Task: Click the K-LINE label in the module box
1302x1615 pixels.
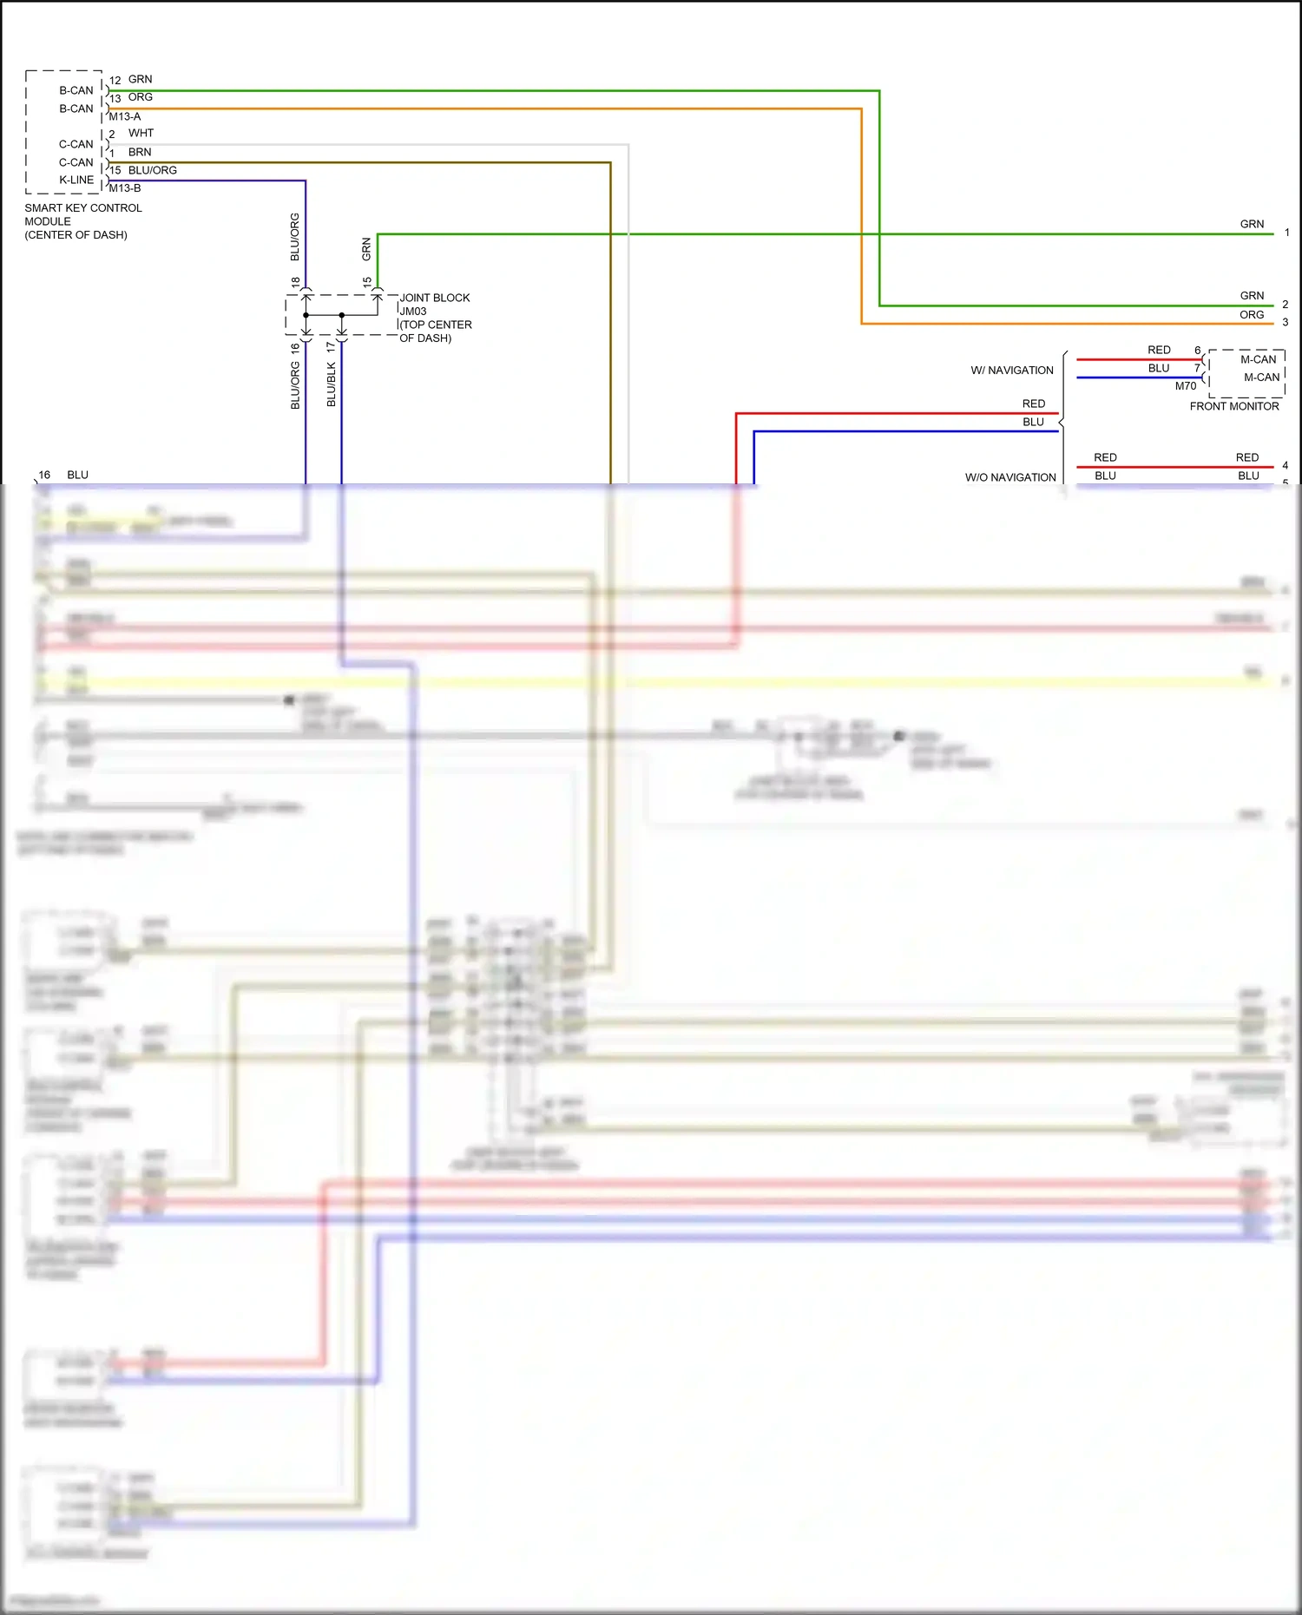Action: [x=76, y=180]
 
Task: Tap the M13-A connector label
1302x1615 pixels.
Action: [x=124, y=116]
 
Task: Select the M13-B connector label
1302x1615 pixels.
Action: [x=124, y=188]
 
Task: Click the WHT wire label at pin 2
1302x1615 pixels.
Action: [x=141, y=133]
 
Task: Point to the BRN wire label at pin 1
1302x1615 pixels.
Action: [x=140, y=152]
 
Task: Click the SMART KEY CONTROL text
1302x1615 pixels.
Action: [x=83, y=208]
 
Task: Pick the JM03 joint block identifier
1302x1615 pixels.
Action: [x=413, y=312]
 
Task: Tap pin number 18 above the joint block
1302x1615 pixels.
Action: [x=296, y=283]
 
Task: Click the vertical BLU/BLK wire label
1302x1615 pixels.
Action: [x=331, y=384]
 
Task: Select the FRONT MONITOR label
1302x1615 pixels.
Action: [x=1233, y=406]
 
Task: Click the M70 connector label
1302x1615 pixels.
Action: [x=1185, y=386]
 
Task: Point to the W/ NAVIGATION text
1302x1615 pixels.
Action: [x=1011, y=371]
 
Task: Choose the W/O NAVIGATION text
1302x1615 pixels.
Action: [x=1010, y=477]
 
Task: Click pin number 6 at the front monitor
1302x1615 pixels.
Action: [x=1197, y=351]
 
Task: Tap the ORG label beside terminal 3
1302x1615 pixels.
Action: [x=1251, y=315]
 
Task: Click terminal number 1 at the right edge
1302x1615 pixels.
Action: [x=1286, y=233]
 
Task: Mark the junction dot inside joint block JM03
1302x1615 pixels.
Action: [x=341, y=315]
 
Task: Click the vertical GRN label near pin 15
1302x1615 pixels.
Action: [x=366, y=249]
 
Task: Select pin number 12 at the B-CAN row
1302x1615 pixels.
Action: [x=115, y=81]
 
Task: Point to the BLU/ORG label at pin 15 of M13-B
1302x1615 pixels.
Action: [x=152, y=170]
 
